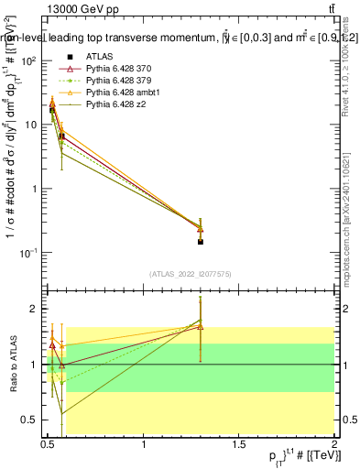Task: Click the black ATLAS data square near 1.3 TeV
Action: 201,242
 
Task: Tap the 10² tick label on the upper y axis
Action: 26,61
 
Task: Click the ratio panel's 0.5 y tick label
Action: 28,420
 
